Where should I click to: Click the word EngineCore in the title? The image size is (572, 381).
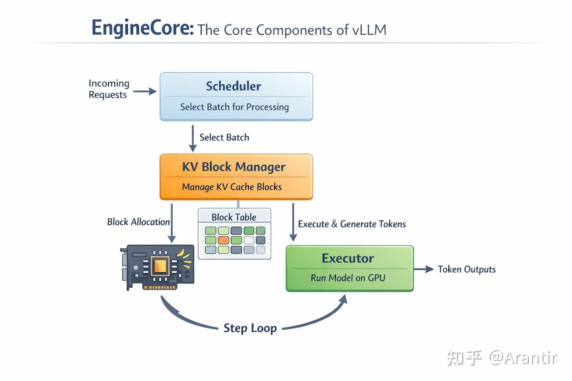click(143, 28)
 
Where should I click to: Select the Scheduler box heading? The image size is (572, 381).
click(234, 86)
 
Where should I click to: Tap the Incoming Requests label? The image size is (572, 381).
click(109, 89)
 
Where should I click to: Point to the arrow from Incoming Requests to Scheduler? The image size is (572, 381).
click(145, 92)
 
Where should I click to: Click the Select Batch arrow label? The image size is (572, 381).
click(224, 137)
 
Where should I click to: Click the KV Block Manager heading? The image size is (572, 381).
click(234, 167)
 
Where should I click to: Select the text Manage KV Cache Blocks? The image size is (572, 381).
click(232, 187)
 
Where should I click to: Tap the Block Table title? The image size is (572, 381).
click(234, 217)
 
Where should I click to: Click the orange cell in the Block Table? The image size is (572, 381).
click(224, 240)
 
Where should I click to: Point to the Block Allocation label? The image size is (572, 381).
click(138, 222)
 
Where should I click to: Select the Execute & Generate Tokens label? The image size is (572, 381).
click(352, 224)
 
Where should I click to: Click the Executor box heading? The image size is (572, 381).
click(348, 258)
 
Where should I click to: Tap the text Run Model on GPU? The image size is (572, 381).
click(348, 278)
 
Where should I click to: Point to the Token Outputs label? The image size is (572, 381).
click(467, 269)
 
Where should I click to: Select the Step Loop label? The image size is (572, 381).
click(250, 328)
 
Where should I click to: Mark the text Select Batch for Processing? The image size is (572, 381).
click(234, 107)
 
